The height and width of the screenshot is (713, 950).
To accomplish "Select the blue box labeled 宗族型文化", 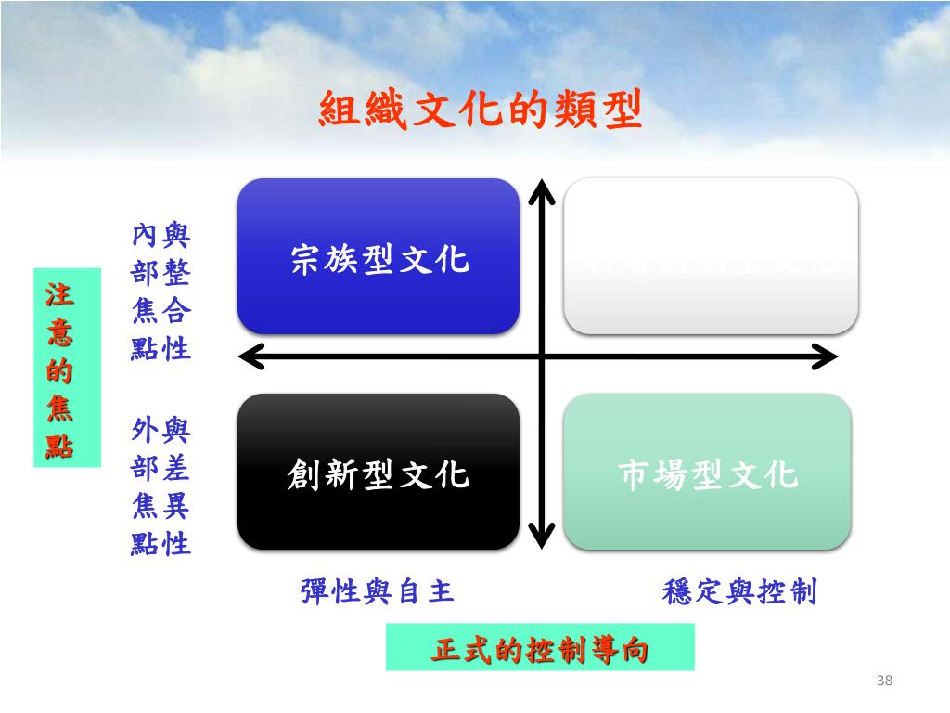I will click(x=379, y=256).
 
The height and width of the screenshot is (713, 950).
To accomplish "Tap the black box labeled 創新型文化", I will click(x=379, y=472).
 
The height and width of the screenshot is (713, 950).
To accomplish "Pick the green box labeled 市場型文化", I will click(x=707, y=472).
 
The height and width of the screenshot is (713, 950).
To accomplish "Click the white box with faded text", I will click(x=711, y=256).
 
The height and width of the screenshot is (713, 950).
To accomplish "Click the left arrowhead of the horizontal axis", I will click(x=249, y=356).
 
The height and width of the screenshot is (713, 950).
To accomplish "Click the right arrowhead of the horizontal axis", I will click(x=827, y=356).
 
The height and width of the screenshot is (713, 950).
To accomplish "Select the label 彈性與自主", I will click(x=378, y=591).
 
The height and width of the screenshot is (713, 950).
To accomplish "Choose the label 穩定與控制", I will click(x=739, y=591).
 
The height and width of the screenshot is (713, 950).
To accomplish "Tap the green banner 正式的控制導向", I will click(x=540, y=648).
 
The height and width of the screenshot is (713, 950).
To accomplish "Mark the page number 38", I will click(x=883, y=682).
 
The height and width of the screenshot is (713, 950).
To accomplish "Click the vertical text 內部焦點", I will click(x=145, y=292).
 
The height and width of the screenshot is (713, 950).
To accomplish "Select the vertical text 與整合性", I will click(x=176, y=292).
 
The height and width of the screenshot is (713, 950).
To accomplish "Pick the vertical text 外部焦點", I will click(x=145, y=486).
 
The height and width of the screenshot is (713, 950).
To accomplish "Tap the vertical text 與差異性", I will click(x=176, y=486).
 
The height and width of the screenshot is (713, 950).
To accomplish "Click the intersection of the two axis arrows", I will click(x=542, y=356).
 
